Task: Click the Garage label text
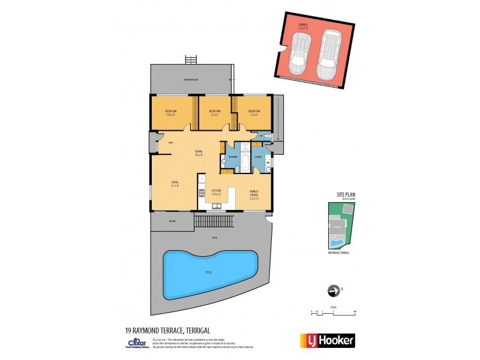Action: (x=305, y=26)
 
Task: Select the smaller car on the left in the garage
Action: (x=298, y=53)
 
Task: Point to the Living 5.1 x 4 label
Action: (x=175, y=184)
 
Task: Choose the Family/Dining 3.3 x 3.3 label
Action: (x=254, y=194)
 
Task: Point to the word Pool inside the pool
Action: (x=209, y=272)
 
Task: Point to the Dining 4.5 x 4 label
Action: (x=199, y=152)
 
